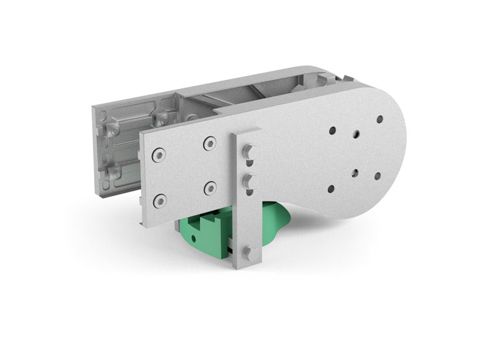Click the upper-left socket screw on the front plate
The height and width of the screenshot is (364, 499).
pos(159,155)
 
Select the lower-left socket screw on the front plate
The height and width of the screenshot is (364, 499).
pos(158,198)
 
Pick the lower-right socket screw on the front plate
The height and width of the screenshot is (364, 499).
pos(209,188)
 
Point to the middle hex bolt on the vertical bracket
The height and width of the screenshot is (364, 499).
pos(247,179)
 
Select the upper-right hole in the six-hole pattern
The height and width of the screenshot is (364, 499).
pos(380,120)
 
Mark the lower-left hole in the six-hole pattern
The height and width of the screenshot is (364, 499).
pos(331,188)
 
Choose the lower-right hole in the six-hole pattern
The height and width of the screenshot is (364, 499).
pos(379,175)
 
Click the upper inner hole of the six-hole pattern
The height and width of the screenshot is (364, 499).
pos(356,135)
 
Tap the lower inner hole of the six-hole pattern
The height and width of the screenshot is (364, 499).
pos(355,173)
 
